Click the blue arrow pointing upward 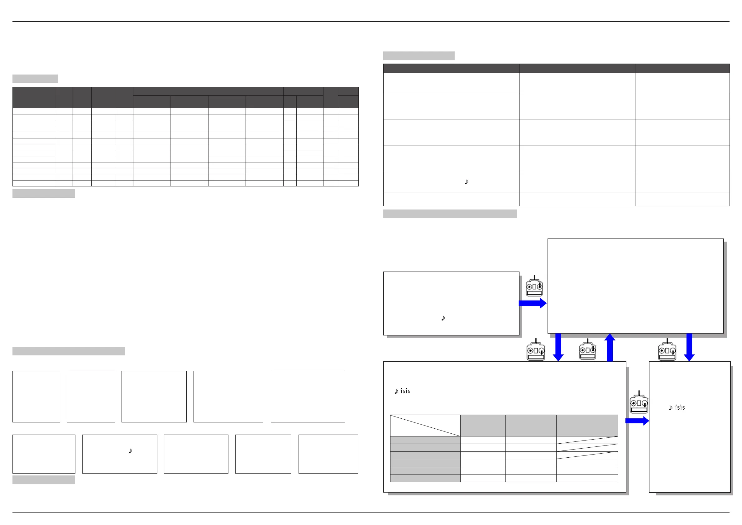tap(610, 347)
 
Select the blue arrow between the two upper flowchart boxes tap(533, 303)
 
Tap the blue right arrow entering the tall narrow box tap(637, 421)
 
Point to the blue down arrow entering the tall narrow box tap(689, 347)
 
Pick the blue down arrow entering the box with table tap(558, 347)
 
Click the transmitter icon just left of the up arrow tap(587, 350)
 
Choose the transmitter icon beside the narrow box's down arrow tap(667, 350)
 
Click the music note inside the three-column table tap(466, 182)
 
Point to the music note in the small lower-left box tap(130, 451)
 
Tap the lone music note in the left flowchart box tap(443, 318)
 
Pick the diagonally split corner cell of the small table tap(425, 426)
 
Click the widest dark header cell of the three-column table tap(451, 68)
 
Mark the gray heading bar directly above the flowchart tap(450, 214)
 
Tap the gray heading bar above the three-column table tap(419, 55)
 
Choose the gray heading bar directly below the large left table tap(44, 193)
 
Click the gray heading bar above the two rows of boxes tap(69, 351)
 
